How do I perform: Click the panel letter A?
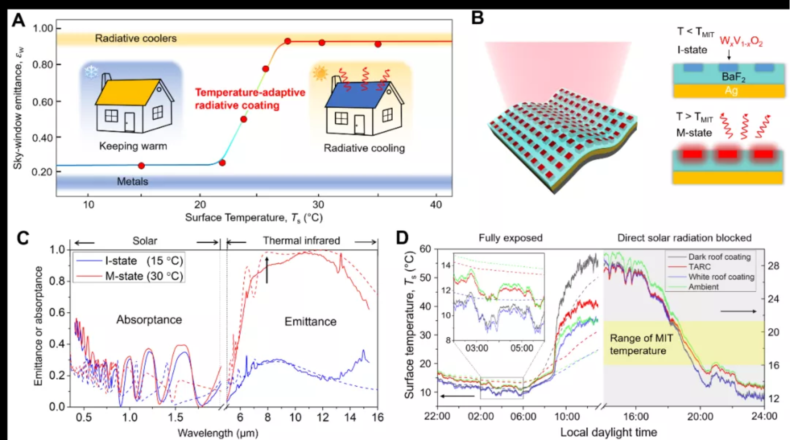(x=18, y=20)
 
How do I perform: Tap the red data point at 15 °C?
(x=142, y=166)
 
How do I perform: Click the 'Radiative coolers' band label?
(x=136, y=38)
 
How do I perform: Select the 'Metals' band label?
(x=132, y=182)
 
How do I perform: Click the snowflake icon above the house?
(x=91, y=72)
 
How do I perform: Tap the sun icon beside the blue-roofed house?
(x=320, y=73)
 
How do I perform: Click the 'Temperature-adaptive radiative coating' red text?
(x=250, y=99)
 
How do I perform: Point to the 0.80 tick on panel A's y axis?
(x=43, y=65)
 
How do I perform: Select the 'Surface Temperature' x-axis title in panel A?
(x=253, y=218)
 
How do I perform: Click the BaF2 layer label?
(x=733, y=77)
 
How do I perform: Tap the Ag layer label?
(x=731, y=91)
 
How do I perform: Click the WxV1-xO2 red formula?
(x=741, y=42)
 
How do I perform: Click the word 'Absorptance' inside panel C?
(x=149, y=320)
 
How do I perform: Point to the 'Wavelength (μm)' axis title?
(x=218, y=433)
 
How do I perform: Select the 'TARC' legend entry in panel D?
(x=699, y=267)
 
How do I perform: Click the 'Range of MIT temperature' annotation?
(x=638, y=345)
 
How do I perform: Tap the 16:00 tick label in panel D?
(x=636, y=416)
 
